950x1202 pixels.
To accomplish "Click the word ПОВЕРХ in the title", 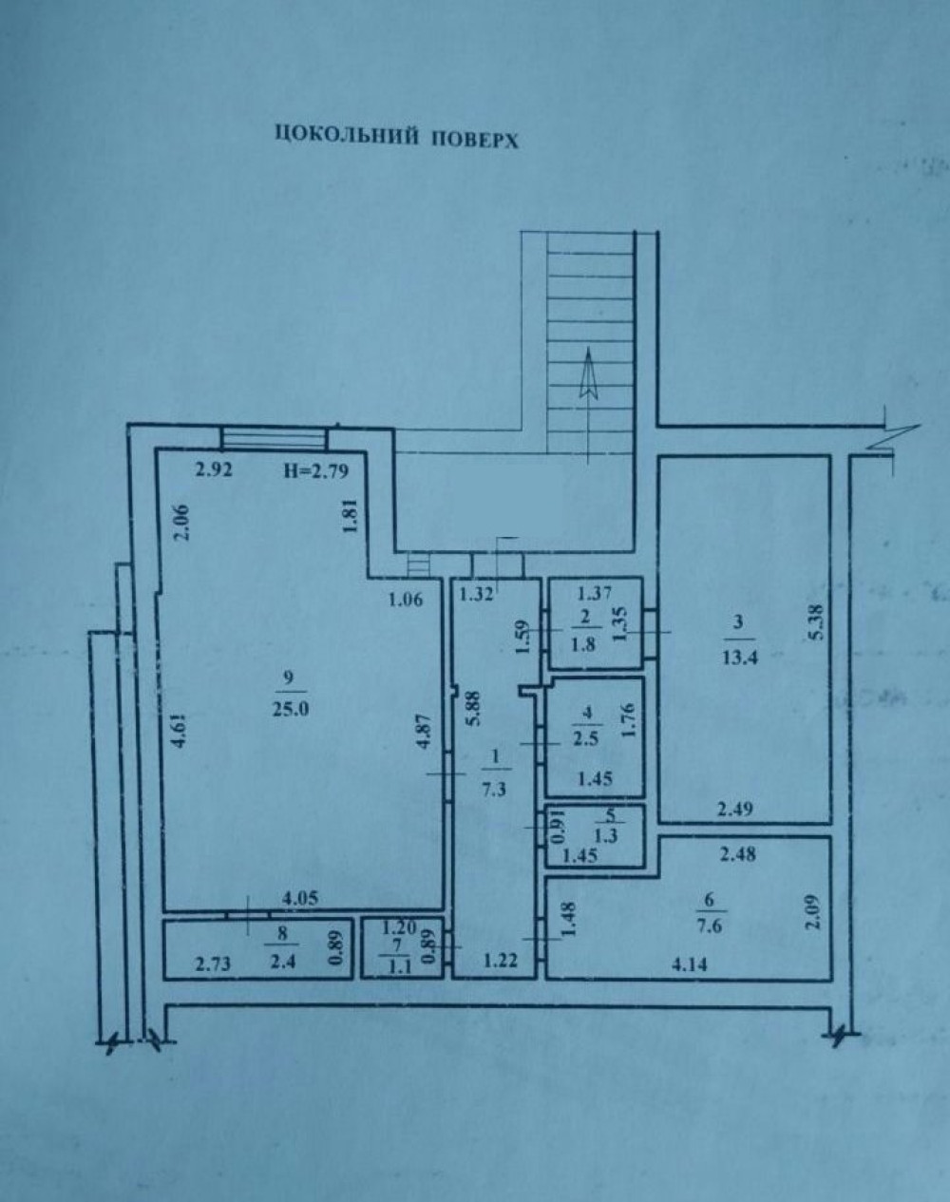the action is [x=475, y=141].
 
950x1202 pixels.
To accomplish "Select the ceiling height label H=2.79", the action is [x=316, y=471].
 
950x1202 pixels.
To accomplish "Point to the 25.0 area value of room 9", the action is [x=291, y=710].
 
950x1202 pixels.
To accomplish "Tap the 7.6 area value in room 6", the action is [x=710, y=925].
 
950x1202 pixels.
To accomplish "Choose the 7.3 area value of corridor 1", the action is [x=494, y=789].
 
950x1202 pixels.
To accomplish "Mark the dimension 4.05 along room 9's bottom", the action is [x=300, y=898].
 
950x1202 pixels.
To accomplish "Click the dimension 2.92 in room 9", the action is [x=213, y=470].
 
